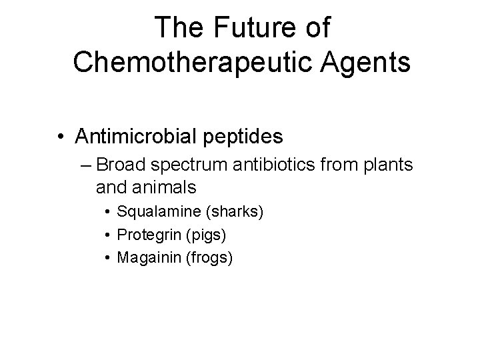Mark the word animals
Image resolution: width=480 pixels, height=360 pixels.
coord(163,186)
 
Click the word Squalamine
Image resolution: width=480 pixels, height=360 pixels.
coord(159,213)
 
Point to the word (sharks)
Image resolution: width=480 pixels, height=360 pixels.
coord(235,213)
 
